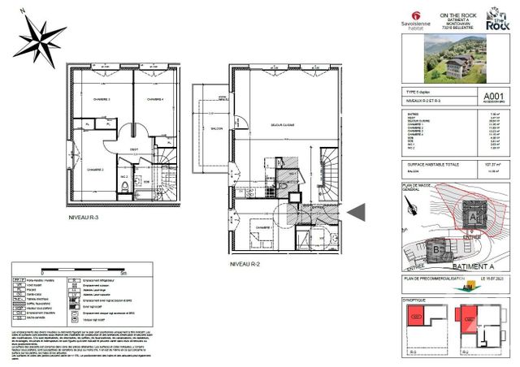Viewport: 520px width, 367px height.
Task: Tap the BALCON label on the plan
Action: tap(215, 128)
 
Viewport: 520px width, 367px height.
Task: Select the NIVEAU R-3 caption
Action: tap(85, 218)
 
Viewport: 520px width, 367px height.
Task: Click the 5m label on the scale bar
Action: tap(120, 273)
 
